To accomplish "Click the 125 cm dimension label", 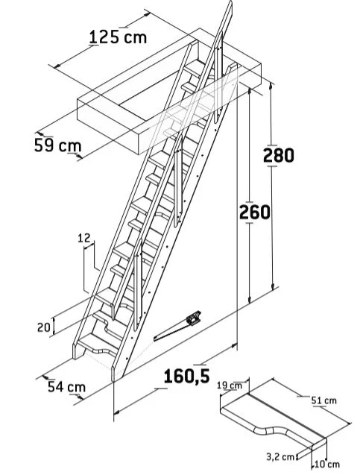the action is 118,37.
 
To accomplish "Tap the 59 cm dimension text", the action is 58,145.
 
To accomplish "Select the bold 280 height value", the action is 279,155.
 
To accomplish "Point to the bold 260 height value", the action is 255,212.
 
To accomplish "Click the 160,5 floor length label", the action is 186,377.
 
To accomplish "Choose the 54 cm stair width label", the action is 66,387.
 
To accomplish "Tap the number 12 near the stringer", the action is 84,238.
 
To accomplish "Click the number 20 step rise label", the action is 43,327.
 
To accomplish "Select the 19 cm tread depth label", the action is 230,386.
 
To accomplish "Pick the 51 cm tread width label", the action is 324,400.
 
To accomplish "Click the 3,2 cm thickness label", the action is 280,457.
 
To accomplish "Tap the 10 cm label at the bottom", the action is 327,464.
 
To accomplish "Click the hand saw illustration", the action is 177,326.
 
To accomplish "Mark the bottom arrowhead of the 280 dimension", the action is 273,287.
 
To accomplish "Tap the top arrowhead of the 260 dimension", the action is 250,92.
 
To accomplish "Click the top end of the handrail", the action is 231,2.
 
